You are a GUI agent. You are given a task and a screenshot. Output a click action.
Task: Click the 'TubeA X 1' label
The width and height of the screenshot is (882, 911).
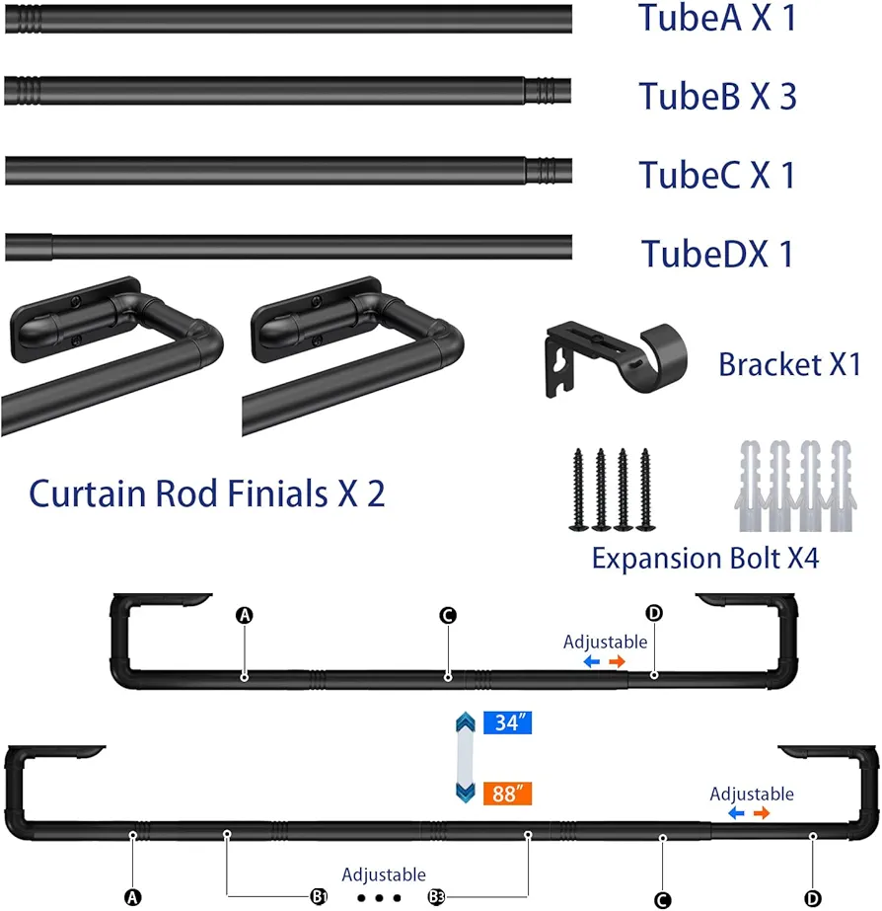[x=717, y=18]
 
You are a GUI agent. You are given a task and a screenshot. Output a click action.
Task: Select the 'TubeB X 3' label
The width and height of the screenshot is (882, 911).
[x=717, y=96]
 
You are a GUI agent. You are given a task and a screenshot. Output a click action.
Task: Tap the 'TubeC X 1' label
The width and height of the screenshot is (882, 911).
[x=717, y=175]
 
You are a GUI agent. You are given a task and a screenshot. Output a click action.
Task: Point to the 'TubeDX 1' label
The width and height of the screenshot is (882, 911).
[x=717, y=254]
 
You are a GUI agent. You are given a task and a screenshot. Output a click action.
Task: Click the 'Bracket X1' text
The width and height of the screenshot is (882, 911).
[x=789, y=364]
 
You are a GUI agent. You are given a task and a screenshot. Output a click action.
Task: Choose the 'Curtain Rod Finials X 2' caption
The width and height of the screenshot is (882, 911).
[x=207, y=493]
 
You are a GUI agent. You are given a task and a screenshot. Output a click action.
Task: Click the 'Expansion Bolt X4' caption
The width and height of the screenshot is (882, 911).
[x=705, y=559]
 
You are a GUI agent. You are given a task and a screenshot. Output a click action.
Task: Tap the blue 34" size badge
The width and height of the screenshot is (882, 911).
[x=507, y=722]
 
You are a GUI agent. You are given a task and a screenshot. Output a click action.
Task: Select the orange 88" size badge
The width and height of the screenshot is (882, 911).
[x=507, y=794]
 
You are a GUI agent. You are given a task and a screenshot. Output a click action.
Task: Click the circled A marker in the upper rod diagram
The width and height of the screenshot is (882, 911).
[x=245, y=615]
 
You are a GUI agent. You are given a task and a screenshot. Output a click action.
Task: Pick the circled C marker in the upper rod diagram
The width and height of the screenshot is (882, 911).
[x=448, y=615]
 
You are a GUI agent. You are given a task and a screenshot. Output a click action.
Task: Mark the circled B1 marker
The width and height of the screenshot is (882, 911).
[x=319, y=896]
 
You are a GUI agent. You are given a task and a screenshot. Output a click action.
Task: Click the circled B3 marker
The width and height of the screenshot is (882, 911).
[x=437, y=897]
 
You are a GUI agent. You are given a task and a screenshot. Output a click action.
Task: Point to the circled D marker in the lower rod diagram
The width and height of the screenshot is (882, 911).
[x=813, y=899]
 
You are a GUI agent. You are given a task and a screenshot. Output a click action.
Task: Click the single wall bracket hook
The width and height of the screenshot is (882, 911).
[x=617, y=358]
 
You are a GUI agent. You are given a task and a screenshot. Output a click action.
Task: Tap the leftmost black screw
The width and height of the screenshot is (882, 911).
[x=578, y=490]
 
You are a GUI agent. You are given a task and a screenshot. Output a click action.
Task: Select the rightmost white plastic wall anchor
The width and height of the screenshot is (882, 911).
[x=843, y=486]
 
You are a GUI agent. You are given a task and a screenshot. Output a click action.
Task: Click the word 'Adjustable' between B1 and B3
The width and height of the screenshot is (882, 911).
[x=384, y=874]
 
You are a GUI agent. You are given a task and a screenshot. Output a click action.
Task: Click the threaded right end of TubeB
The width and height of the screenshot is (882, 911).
[x=549, y=91]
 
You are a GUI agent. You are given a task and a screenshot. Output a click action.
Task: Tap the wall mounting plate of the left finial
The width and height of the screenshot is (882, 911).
[x=76, y=319]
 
